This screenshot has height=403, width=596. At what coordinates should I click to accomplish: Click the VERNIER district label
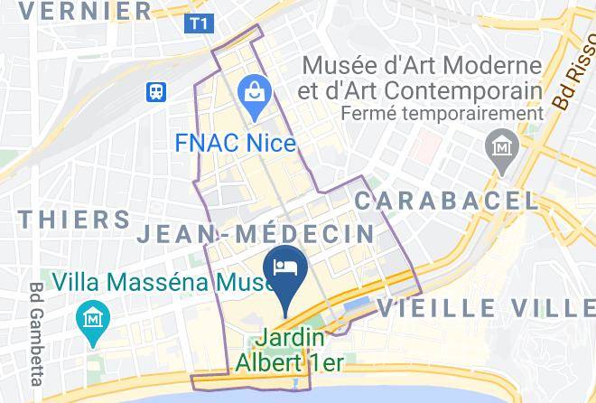(85, 11)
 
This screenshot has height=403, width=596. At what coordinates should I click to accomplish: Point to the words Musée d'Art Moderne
(422, 66)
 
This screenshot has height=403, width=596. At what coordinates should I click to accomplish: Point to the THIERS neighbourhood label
(74, 220)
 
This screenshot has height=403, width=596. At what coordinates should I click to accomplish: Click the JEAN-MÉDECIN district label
(256, 234)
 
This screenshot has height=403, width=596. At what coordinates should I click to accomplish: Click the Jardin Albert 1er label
(291, 351)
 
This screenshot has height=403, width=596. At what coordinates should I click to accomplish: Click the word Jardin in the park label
(291, 339)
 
